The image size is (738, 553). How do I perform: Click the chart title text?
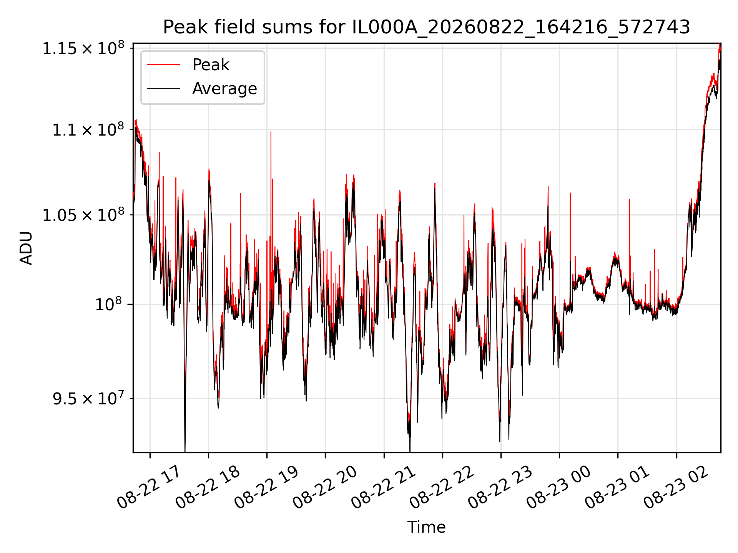427,27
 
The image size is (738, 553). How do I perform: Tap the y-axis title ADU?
26,248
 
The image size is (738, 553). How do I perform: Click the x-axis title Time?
427,527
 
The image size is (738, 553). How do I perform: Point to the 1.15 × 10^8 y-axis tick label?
83,48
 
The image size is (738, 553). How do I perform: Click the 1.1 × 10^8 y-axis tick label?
88,130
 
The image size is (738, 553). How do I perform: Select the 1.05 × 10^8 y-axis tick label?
83,215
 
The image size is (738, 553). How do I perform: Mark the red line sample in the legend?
163,65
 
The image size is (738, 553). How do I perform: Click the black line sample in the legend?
163,89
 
